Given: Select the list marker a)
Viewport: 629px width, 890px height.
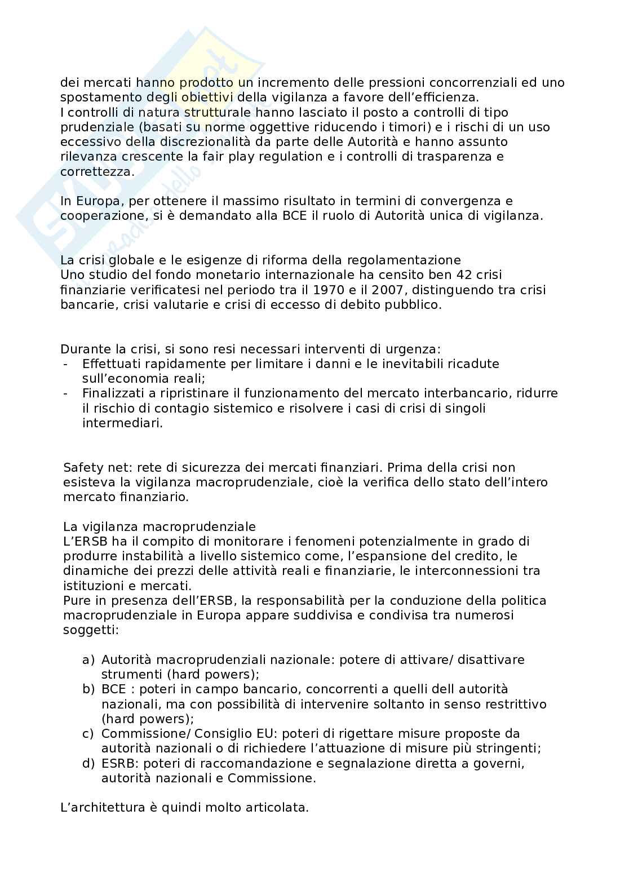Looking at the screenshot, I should (x=88, y=659).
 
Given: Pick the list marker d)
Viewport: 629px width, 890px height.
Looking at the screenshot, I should (x=88, y=763).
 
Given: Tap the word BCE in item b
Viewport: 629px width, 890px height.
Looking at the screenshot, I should (x=114, y=689).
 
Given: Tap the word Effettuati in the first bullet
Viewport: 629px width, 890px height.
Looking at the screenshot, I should (x=112, y=364).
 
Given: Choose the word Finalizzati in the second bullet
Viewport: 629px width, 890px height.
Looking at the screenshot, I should (x=114, y=393).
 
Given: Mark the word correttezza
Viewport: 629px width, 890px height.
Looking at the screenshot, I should (x=97, y=171).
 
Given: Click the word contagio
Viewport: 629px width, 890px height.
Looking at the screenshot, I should (x=181, y=408).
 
